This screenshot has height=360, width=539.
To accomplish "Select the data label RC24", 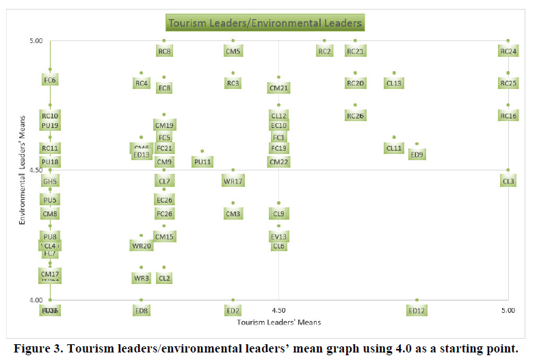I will (508, 51).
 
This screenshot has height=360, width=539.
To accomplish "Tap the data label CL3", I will (508, 181).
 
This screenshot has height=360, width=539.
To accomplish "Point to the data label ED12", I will (417, 311).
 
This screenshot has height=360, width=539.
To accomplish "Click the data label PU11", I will (202, 162).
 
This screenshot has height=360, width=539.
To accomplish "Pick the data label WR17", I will (233, 181).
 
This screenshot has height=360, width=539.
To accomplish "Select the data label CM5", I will (233, 51).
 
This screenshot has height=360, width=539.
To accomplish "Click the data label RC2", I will (325, 51).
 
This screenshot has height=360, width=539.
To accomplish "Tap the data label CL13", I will (394, 83).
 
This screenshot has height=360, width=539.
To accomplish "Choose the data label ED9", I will (417, 155).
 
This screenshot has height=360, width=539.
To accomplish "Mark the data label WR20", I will (142, 246).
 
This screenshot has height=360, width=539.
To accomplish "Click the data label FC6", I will (50, 80).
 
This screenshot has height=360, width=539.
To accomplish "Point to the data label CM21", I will (278, 88).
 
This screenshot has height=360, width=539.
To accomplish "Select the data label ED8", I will (142, 311).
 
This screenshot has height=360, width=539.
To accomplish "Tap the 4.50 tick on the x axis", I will (278, 310).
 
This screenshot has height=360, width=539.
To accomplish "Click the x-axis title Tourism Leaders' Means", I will (278, 322).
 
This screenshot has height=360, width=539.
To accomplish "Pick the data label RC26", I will (355, 116).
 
